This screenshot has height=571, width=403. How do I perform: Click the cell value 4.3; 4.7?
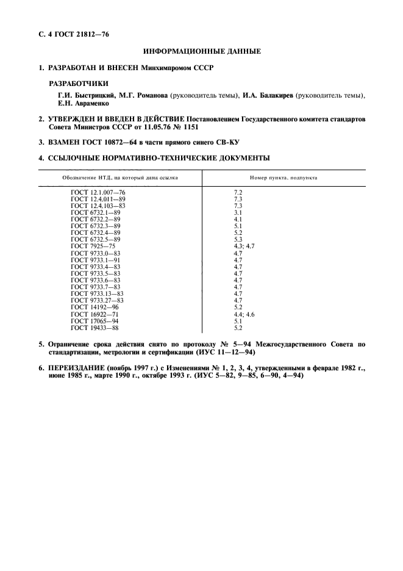(x=244, y=246)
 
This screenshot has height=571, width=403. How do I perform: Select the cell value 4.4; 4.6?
(x=244, y=313)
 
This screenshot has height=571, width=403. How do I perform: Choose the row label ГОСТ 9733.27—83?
(x=97, y=300)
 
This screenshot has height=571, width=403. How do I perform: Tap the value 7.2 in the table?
(x=238, y=192)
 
